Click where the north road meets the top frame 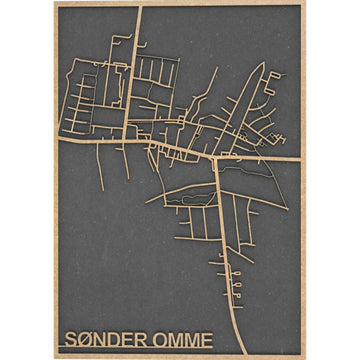(x=139, y=9)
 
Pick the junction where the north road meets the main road (x=135, y=140)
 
